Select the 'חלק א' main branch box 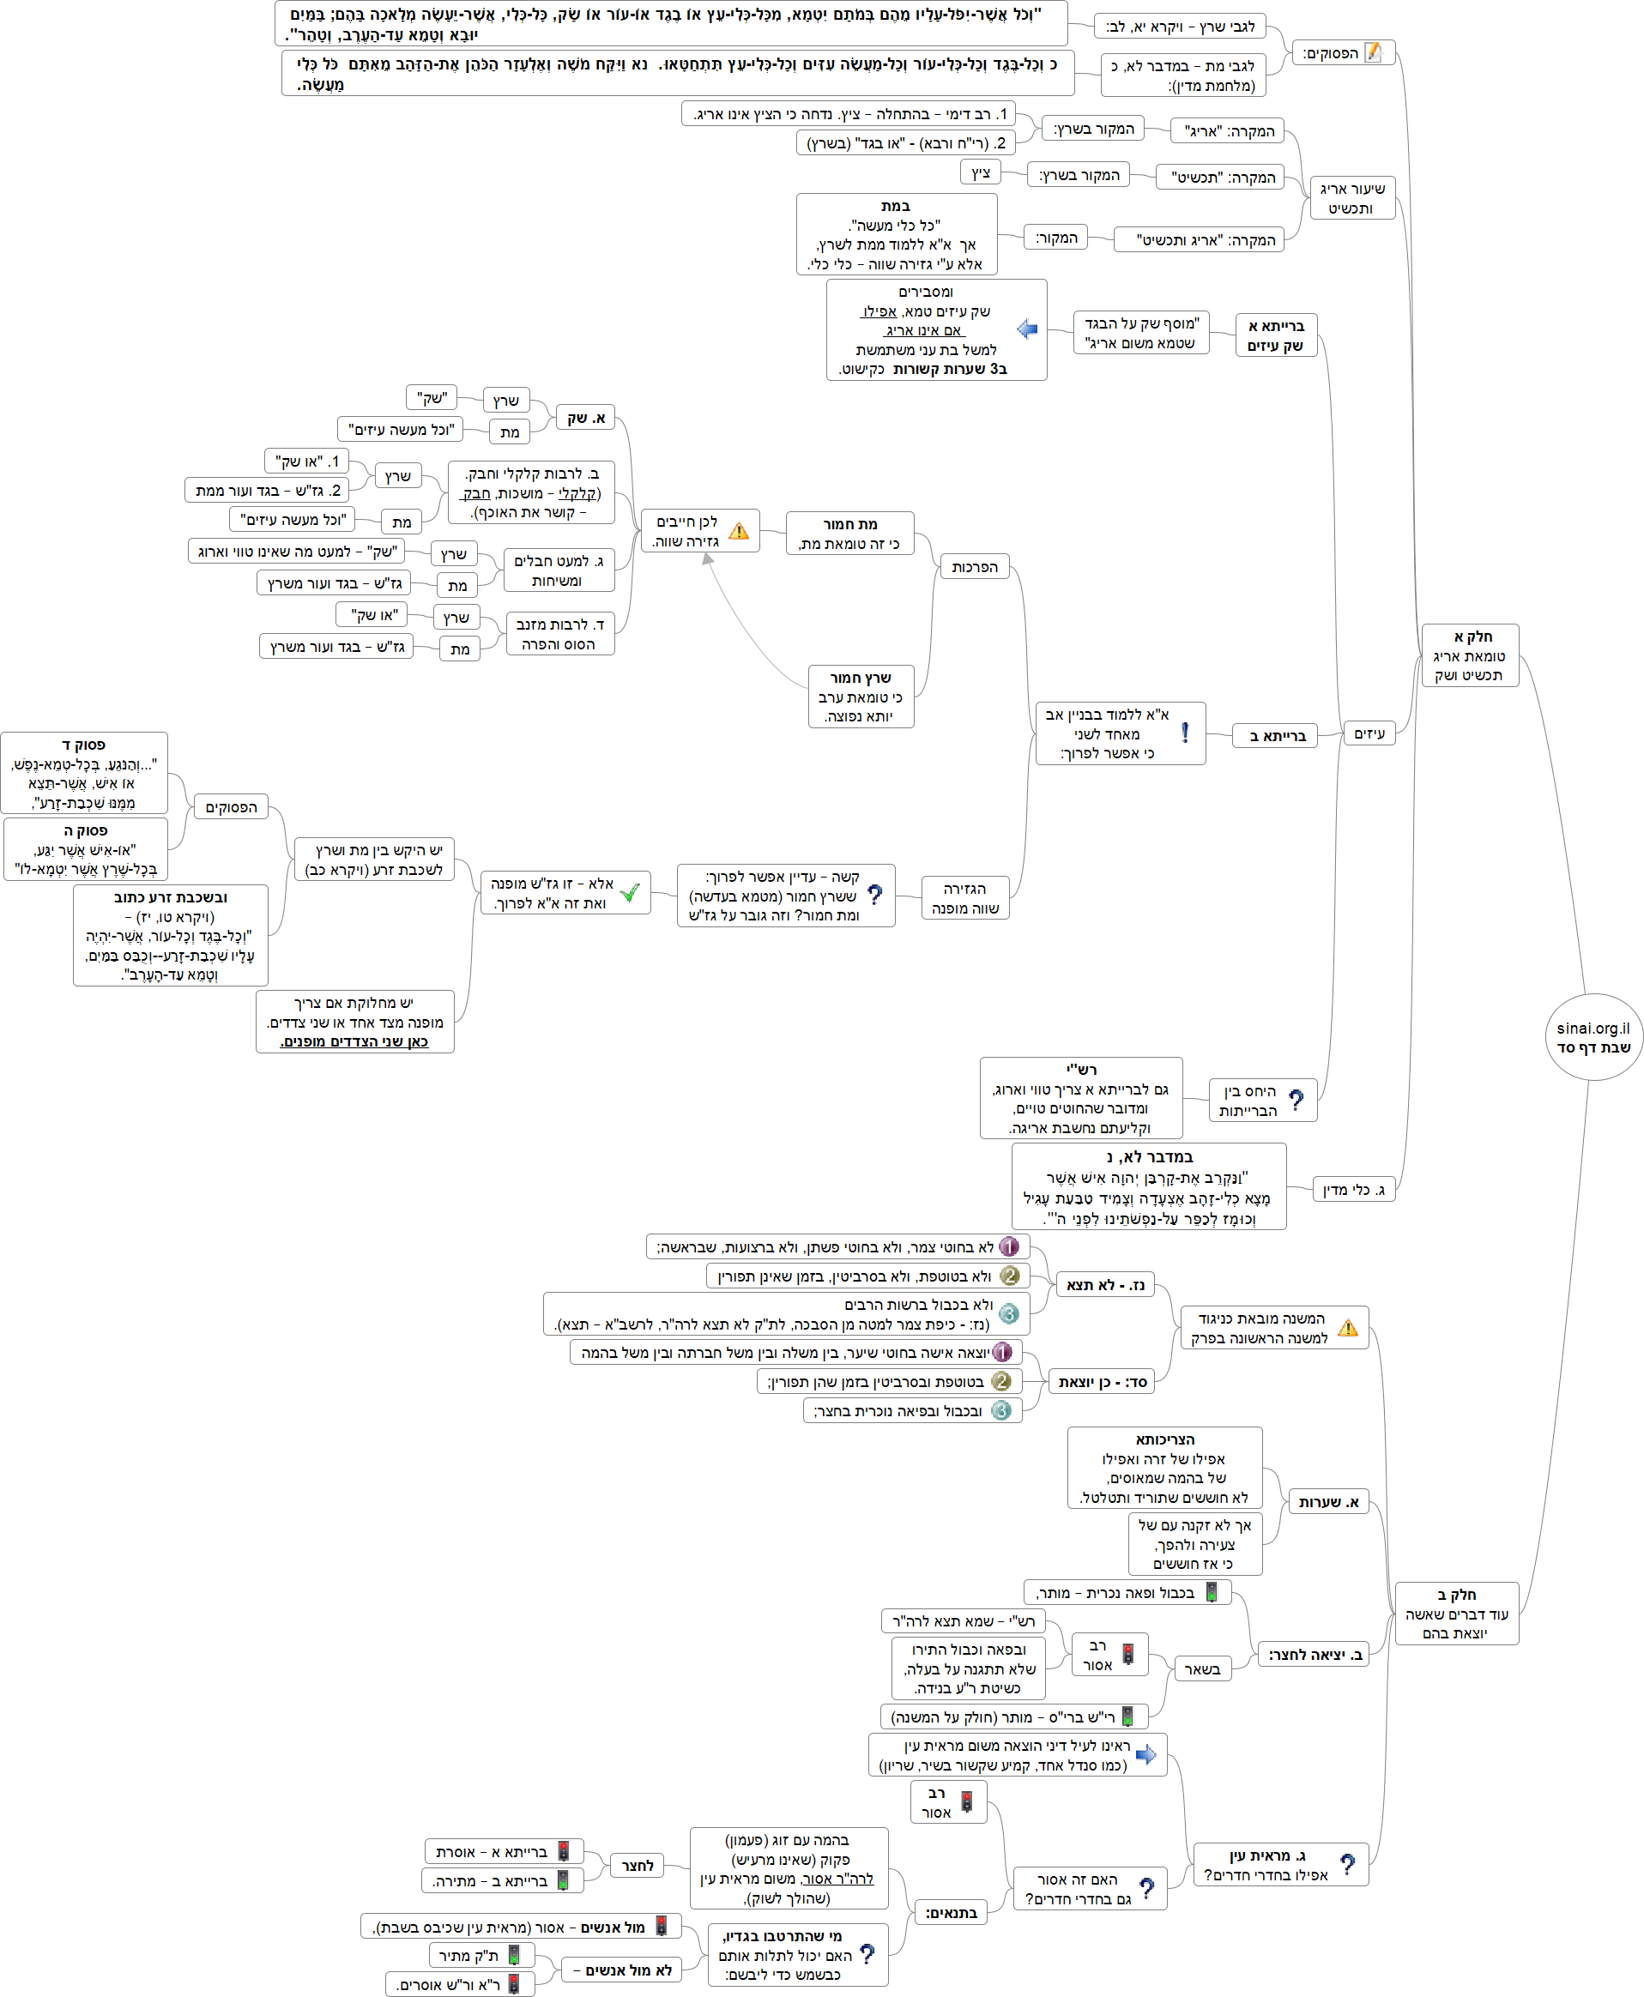point(1469,655)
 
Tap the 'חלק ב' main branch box point(1455,1614)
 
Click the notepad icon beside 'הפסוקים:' point(1373,53)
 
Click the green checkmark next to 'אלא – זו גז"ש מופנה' point(630,892)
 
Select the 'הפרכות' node point(975,566)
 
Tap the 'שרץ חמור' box point(861,696)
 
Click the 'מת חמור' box point(849,533)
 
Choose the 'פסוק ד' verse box point(84,773)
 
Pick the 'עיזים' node point(1369,733)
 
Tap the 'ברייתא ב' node point(1276,736)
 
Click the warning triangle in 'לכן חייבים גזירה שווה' point(739,531)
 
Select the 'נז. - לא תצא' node point(1105,1285)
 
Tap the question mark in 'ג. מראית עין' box point(1348,1863)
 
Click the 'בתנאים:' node point(950,1913)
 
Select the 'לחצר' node point(638,1866)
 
